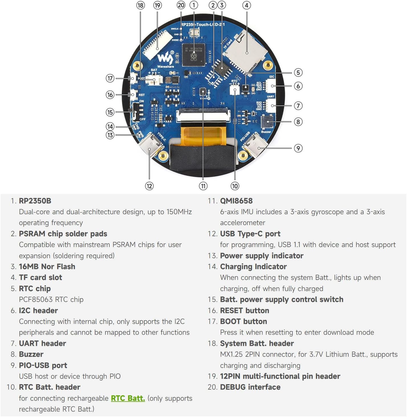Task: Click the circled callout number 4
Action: [x=247, y=5]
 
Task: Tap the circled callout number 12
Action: [x=149, y=186]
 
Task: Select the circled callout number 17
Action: [x=110, y=78]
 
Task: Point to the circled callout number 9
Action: [x=298, y=148]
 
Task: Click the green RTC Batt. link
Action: [x=128, y=398]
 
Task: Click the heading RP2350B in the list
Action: [x=35, y=201]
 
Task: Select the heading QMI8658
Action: [x=236, y=201]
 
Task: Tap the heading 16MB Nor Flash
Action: [x=47, y=266]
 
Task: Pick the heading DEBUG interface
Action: [x=250, y=387]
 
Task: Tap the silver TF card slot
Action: [x=246, y=51]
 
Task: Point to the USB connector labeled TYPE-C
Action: [x=151, y=145]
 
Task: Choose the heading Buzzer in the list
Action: [x=31, y=354]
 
